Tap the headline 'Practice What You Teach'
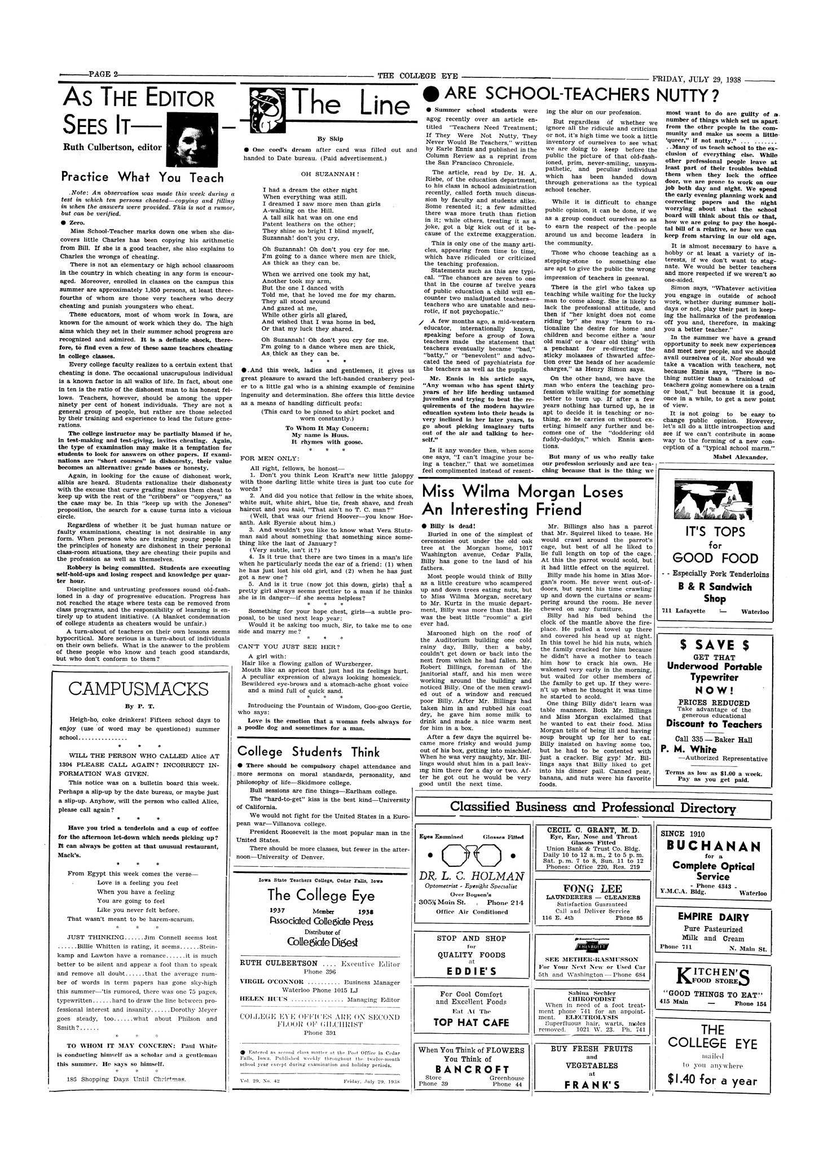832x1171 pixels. [143, 177]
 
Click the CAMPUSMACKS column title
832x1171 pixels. [138, 690]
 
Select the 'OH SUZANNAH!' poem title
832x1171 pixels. [331, 174]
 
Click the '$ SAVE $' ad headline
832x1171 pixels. [714, 645]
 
